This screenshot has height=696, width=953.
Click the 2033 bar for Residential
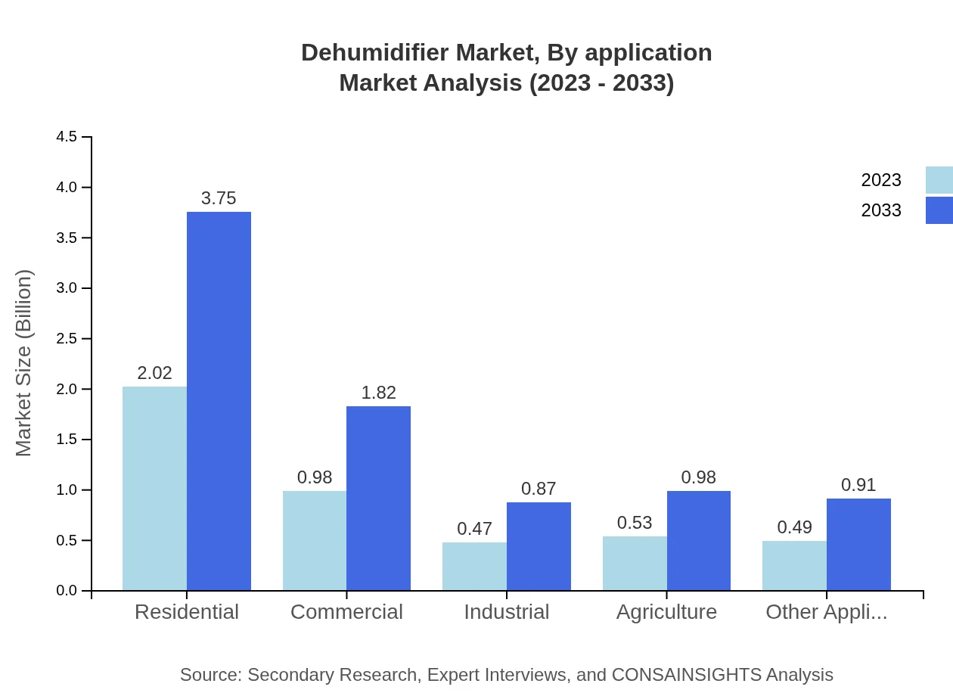click(219, 401)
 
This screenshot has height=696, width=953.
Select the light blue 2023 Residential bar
click(154, 488)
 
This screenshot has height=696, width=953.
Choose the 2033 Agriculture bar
click(698, 540)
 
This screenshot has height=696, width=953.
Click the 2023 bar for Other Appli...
click(794, 565)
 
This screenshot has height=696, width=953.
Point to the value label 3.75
click(219, 198)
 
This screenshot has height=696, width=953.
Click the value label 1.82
click(378, 393)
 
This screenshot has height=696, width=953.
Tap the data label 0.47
click(474, 529)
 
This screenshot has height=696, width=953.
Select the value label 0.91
click(858, 485)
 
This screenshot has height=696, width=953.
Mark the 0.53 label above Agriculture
click(635, 523)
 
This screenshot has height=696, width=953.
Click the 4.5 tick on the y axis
click(67, 137)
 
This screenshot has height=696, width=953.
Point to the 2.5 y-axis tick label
click(67, 339)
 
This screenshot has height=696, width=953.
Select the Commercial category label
click(346, 612)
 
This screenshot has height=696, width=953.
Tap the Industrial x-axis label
click(507, 612)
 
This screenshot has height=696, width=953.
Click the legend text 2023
click(881, 180)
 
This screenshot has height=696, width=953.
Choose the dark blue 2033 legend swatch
click(939, 210)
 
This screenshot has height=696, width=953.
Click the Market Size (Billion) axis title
click(24, 363)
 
